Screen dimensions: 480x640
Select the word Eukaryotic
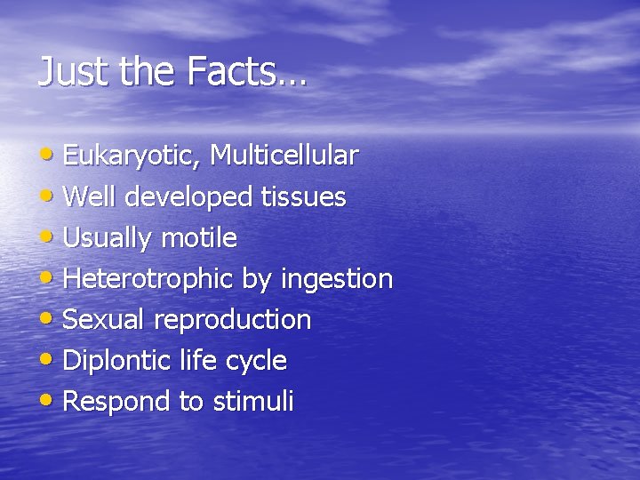click(x=132, y=156)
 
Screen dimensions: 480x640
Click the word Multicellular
click(x=284, y=156)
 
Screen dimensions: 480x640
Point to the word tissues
click(x=303, y=196)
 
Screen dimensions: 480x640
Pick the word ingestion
click(x=337, y=279)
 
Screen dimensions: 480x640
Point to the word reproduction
click(x=233, y=320)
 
